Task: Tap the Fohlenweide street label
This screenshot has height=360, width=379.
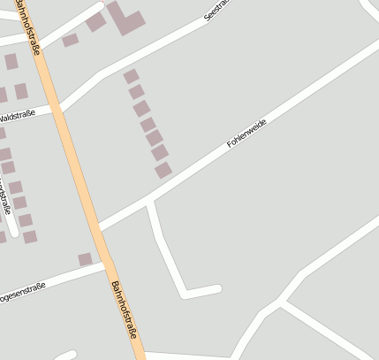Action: tap(246, 132)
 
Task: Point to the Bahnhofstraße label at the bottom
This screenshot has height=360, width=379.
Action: tap(125, 310)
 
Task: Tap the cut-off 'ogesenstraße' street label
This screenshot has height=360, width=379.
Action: tap(22, 293)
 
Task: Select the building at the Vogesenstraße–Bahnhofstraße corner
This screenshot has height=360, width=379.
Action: tap(85, 259)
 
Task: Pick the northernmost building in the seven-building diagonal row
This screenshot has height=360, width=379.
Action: tap(131, 77)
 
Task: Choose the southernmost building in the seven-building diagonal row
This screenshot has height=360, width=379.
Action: tap(163, 170)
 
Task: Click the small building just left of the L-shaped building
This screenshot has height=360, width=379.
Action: tap(95, 22)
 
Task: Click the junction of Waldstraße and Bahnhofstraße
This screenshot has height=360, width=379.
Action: tap(56, 109)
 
